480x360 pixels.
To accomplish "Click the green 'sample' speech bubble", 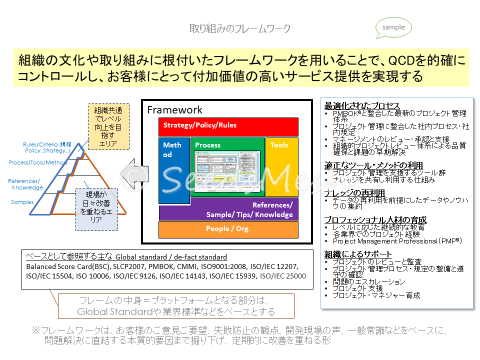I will [x=393, y=28].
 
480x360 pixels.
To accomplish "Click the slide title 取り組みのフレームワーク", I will [x=239, y=28].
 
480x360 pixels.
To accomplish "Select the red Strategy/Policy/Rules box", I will [x=228, y=126].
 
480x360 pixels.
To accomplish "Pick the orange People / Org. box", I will [x=228, y=229].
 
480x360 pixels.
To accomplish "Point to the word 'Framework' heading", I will [x=174, y=110].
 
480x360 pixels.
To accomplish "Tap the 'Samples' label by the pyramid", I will [x=22, y=202].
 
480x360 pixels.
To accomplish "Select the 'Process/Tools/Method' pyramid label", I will [x=38, y=162].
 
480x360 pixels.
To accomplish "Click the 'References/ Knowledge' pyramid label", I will [x=25, y=184].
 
